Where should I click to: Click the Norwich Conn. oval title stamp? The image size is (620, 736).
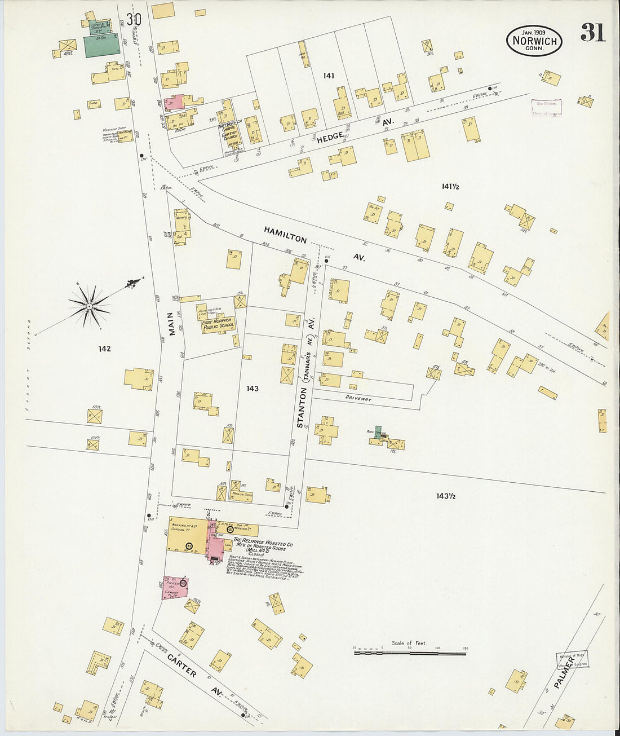[534, 41]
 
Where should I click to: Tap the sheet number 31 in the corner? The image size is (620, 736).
[593, 33]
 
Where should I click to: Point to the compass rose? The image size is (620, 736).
[89, 306]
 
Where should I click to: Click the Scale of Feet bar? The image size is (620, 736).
[410, 652]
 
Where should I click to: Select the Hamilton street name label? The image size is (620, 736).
[286, 235]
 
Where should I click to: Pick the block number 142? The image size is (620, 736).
[104, 349]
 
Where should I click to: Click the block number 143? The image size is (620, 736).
[252, 389]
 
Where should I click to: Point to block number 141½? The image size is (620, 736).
[450, 186]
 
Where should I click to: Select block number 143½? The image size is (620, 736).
[445, 496]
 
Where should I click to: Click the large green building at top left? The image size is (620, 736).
[102, 46]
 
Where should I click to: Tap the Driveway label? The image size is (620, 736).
[359, 399]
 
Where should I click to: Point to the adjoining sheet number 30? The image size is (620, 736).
[134, 20]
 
